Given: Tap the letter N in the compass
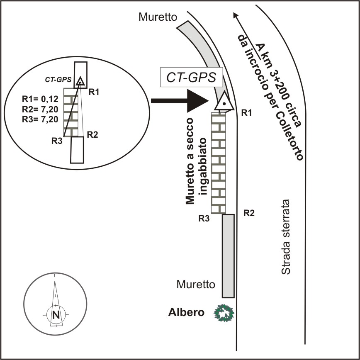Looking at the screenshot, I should [x=56, y=315].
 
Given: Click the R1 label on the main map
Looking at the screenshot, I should [x=247, y=112].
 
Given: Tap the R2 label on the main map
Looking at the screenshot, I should [x=248, y=214].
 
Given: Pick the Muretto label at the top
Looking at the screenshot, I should [x=158, y=17].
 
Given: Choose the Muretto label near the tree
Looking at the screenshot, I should [x=196, y=285].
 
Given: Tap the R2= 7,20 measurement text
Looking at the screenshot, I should [x=40, y=109].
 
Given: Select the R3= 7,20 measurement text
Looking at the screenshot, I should [x=40, y=119].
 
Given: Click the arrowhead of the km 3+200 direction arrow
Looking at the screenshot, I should [x=236, y=15].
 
